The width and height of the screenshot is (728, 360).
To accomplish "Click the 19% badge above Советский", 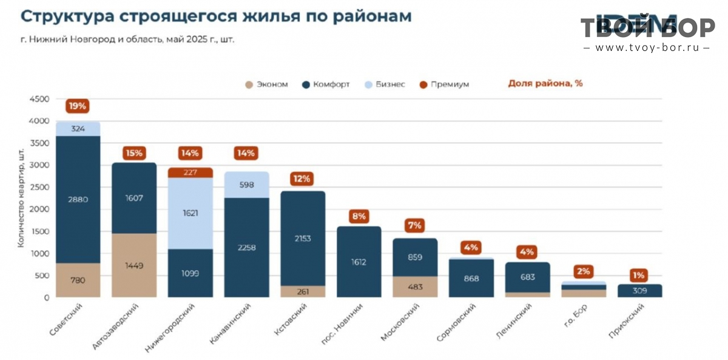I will coord(78,106).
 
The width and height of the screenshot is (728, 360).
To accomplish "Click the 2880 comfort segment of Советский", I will coord(78,200).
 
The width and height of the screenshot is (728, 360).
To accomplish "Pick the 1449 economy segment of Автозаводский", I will coord(134,265).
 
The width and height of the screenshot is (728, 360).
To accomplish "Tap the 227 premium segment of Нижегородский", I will coord(190,172).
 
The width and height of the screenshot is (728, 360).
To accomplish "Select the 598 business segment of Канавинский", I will coord(247,185).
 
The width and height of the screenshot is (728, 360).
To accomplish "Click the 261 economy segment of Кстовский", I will coord(303,291).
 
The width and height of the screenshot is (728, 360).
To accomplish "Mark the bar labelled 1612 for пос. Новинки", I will coord(359,262).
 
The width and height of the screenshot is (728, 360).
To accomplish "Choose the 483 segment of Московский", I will coord(415,287).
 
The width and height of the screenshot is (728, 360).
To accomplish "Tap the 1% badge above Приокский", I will coord(639,274).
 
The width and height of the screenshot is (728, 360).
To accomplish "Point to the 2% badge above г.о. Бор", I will coord(584,271).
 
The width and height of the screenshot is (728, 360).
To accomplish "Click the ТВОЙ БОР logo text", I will coord(647,28).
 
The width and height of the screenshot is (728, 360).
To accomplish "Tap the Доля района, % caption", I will coord(545,84).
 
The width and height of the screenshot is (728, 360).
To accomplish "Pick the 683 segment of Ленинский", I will coord(527,277).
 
